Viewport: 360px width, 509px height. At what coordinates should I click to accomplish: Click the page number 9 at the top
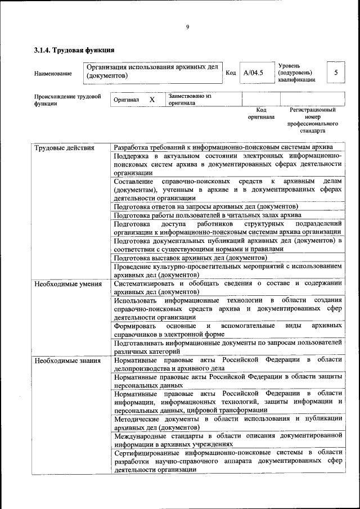(188, 28)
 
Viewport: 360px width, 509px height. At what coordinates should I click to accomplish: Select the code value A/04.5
(253, 73)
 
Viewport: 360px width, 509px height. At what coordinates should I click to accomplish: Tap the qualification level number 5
(336, 73)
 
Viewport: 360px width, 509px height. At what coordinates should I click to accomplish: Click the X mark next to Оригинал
(152, 100)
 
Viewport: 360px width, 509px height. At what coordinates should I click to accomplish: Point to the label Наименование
(53, 73)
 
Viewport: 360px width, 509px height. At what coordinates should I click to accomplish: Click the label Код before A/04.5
(231, 73)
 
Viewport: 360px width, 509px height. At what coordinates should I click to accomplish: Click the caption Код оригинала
(261, 114)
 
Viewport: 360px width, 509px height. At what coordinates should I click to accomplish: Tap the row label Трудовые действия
(64, 148)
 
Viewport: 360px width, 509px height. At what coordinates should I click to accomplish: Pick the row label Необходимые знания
(66, 360)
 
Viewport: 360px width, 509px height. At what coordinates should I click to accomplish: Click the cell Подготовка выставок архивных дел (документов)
(182, 258)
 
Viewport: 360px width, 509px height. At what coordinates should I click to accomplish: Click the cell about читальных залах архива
(207, 215)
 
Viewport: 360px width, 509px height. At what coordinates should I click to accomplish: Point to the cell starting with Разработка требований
(223, 147)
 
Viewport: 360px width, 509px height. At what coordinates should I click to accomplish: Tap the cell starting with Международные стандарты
(228, 439)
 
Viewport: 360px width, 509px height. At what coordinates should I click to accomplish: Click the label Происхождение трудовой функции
(67, 100)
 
